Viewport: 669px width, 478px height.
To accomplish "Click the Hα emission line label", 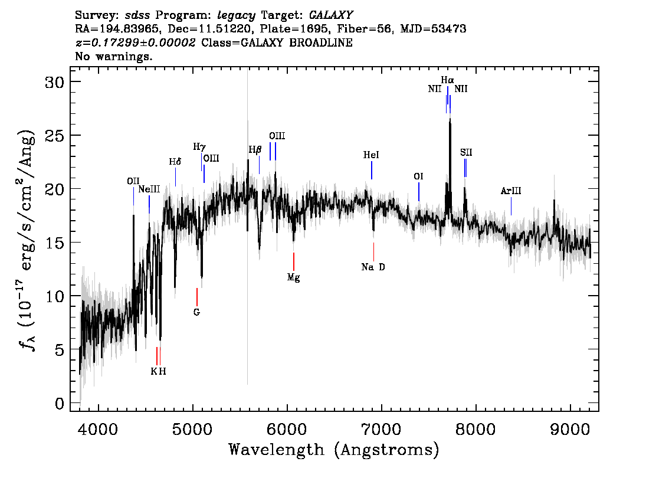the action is [448, 80].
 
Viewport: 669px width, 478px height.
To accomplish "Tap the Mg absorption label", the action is [294, 278].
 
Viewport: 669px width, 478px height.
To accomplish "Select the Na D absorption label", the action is [373, 267].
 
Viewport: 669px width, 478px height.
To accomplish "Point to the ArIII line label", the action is [511, 191].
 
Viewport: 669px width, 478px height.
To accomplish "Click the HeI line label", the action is [371, 155].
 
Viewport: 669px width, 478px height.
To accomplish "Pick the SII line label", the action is [466, 152].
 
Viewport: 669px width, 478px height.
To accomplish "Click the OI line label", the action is [418, 176].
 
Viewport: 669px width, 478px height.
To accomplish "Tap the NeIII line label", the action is [149, 189].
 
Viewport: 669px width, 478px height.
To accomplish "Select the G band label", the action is [196, 312].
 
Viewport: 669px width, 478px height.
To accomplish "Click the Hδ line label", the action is [175, 162].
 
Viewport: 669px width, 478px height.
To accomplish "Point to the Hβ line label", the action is [255, 150].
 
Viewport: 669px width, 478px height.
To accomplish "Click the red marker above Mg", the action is [294, 261].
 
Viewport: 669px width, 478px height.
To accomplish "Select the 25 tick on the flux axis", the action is [74, 135].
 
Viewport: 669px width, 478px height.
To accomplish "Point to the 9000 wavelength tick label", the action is [569, 430].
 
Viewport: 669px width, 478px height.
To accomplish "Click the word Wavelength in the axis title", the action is [277, 450].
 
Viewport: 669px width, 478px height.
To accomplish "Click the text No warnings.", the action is [113, 56].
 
